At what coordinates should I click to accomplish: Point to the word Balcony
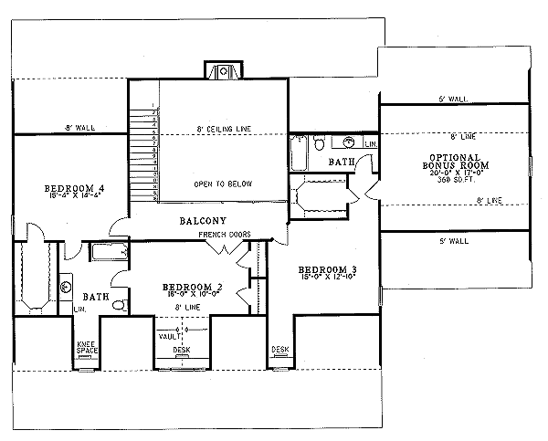(203, 221)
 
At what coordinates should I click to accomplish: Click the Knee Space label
(87, 348)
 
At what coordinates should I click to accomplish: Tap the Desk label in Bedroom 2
(181, 349)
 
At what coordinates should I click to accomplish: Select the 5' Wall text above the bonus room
(453, 98)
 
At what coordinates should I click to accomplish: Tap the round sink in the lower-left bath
(66, 288)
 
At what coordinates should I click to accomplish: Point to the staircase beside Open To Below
(144, 151)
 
